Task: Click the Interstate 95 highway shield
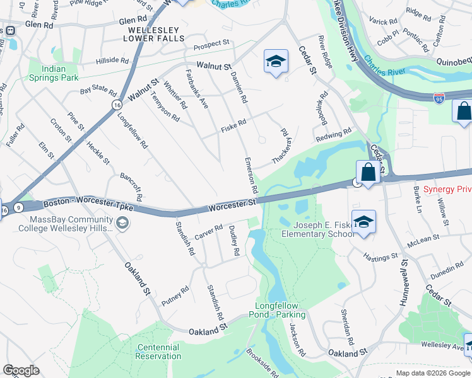tap(439, 98)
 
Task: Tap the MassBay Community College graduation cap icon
tap(122, 223)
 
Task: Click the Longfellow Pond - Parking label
tap(281, 310)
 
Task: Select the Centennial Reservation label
tap(158, 352)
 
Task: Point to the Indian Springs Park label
tap(53, 73)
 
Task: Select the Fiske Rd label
tap(233, 127)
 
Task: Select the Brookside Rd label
tap(262, 364)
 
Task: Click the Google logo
tap(21, 370)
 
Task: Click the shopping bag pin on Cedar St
tap(368, 173)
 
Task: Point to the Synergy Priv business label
tap(447, 189)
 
